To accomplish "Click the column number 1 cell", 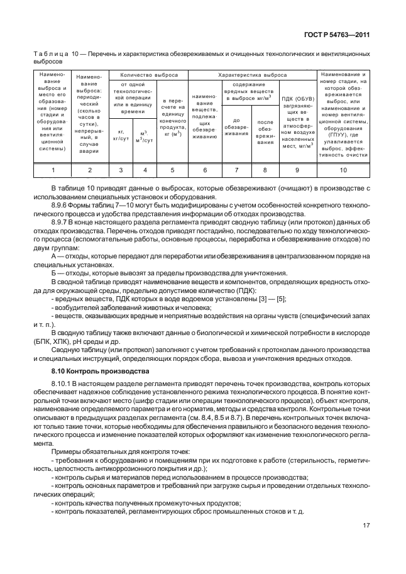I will (53, 170).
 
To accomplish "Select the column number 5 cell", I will (172, 170).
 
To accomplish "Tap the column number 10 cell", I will (343, 170).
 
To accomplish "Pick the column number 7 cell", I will (236, 170).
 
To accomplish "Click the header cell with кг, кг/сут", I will (121, 135).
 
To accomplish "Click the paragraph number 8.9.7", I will (60, 223).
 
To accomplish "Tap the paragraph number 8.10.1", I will (62, 382).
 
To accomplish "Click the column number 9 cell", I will (297, 170).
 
